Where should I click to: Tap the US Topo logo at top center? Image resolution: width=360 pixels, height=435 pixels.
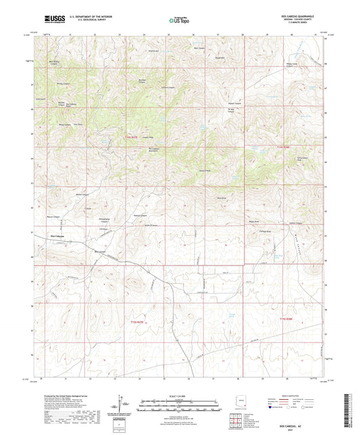(x=179, y=21)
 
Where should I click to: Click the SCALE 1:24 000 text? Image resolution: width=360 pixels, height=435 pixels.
(x=180, y=395)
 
